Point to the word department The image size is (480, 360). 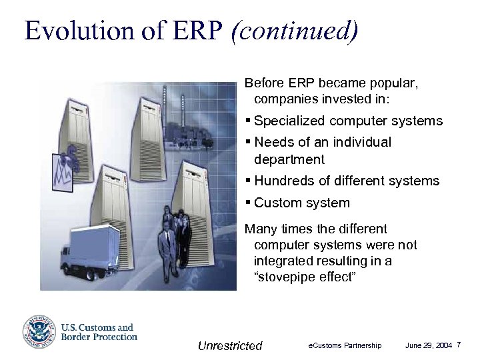[289, 159]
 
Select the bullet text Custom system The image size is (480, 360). [301, 202]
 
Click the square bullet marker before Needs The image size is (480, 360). [248, 142]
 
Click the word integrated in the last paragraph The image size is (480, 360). [283, 261]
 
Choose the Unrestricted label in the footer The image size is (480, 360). [230, 345]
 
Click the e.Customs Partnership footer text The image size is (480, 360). [345, 345]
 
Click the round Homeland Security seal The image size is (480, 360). [39, 332]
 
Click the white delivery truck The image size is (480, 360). [93, 247]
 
